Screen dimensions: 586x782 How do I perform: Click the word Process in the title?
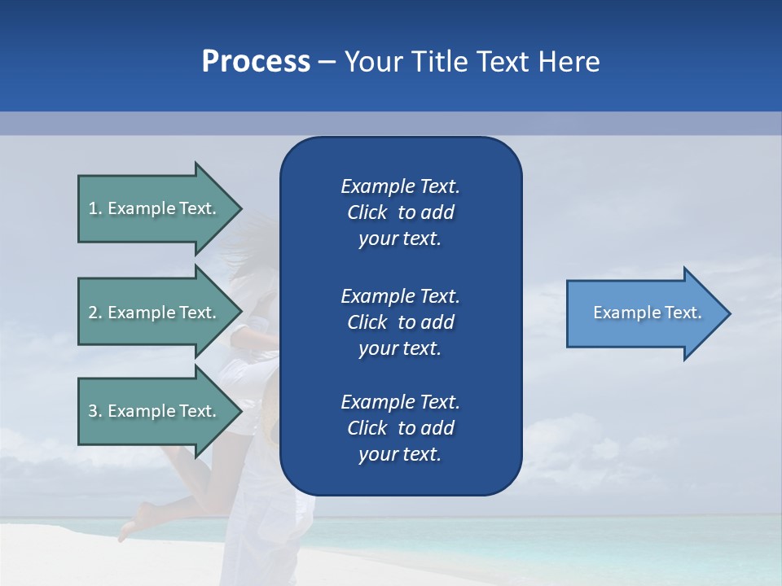tap(256, 62)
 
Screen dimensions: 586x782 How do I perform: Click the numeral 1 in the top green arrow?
tap(93, 208)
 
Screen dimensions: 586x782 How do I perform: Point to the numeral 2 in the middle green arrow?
tap(93, 313)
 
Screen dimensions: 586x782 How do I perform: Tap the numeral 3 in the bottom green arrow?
tap(93, 411)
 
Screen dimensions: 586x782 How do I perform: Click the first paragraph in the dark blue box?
tap(400, 212)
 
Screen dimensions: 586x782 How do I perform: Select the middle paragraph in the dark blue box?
tap(400, 322)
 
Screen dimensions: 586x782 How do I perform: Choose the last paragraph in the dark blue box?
tap(400, 428)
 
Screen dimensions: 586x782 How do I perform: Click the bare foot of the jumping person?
tap(130, 527)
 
